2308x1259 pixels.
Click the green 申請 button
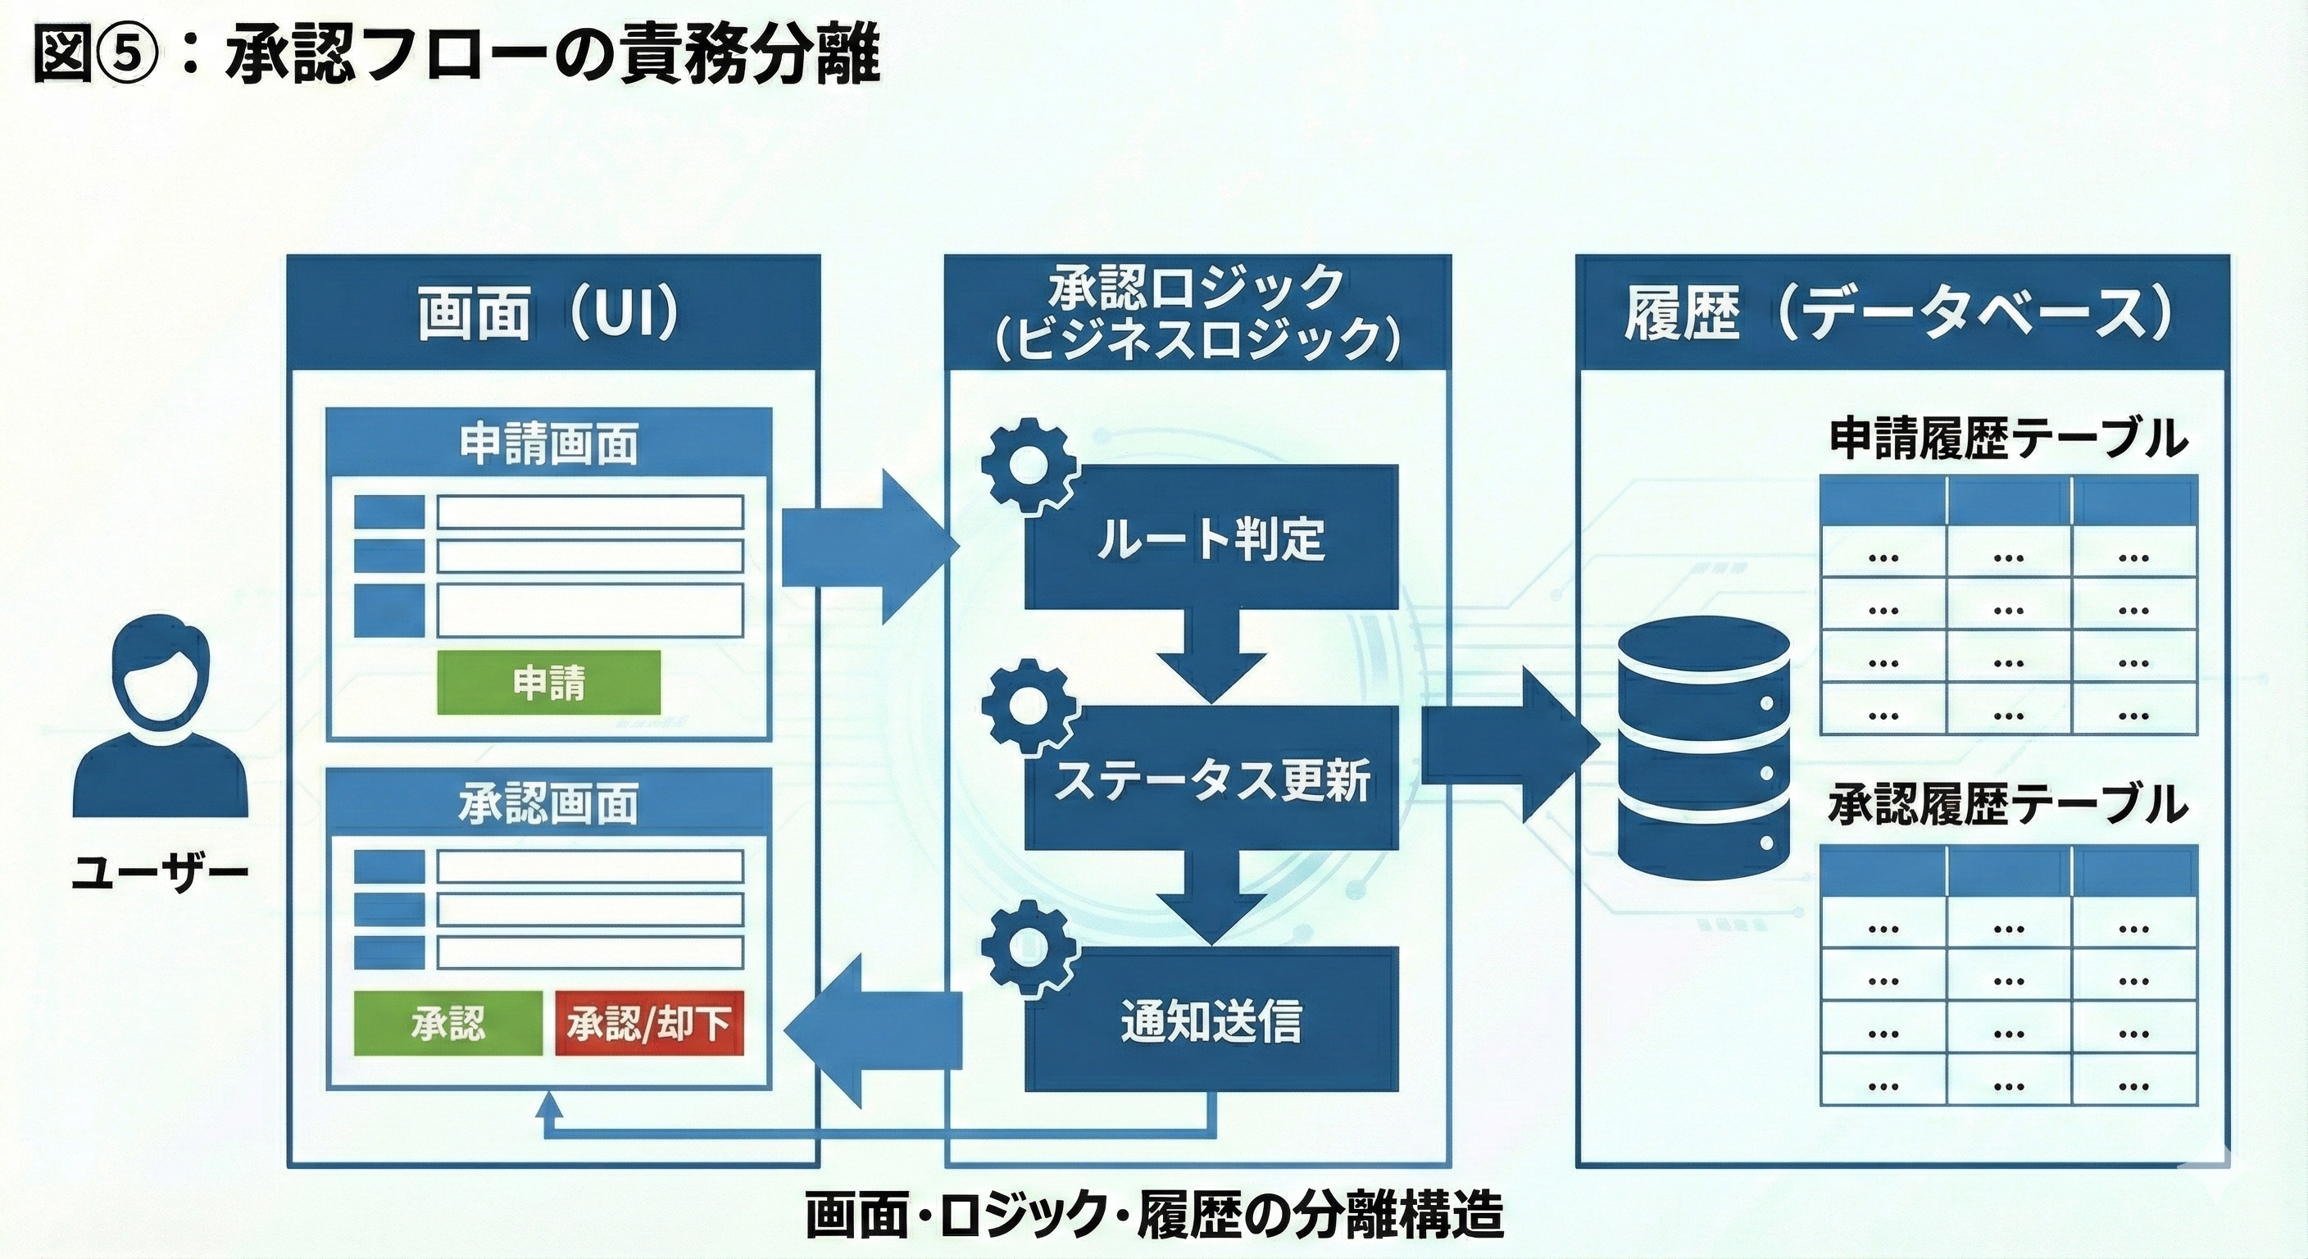click(x=548, y=683)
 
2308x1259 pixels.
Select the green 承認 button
click(x=448, y=1023)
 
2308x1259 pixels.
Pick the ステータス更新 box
click(x=1211, y=779)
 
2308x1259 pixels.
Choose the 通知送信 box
click(x=1211, y=1020)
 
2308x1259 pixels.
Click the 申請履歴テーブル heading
click(x=2008, y=439)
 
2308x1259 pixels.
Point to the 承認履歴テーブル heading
click(x=2008, y=804)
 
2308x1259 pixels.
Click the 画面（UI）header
click(x=552, y=314)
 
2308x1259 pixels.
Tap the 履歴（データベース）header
click(x=1901, y=314)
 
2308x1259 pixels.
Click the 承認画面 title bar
click(x=548, y=804)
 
